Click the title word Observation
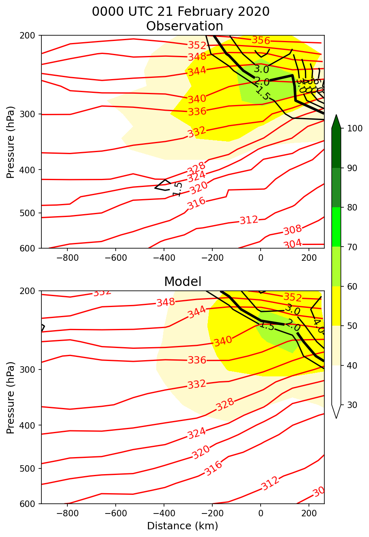(x=184, y=26)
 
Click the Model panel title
(x=183, y=281)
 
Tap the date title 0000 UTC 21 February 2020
(x=181, y=12)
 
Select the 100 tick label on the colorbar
(x=352, y=128)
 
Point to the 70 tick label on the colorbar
(x=349, y=247)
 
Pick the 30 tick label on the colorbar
(x=349, y=405)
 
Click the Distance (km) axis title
(x=183, y=526)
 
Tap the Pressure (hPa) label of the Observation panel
(x=11, y=142)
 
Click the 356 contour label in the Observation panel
(x=261, y=40)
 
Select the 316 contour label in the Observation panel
(x=196, y=203)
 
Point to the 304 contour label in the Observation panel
(x=292, y=244)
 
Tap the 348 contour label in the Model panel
(x=166, y=302)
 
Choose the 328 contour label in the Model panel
(x=225, y=404)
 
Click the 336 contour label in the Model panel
(x=197, y=360)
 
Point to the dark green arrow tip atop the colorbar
(x=336, y=120)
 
